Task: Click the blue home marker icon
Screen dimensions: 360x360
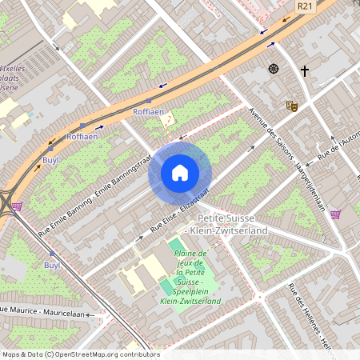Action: [x=180, y=172]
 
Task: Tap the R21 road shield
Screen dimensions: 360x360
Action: [x=304, y=6]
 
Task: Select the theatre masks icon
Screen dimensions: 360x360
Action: [x=291, y=105]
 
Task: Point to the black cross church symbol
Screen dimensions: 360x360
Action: [x=304, y=70]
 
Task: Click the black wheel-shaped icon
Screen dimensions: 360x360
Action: [x=274, y=69]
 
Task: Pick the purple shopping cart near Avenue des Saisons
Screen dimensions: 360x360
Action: [x=335, y=214]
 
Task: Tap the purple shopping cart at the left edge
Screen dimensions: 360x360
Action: [x=17, y=206]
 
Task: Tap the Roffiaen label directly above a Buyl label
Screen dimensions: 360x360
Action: [x=82, y=137]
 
